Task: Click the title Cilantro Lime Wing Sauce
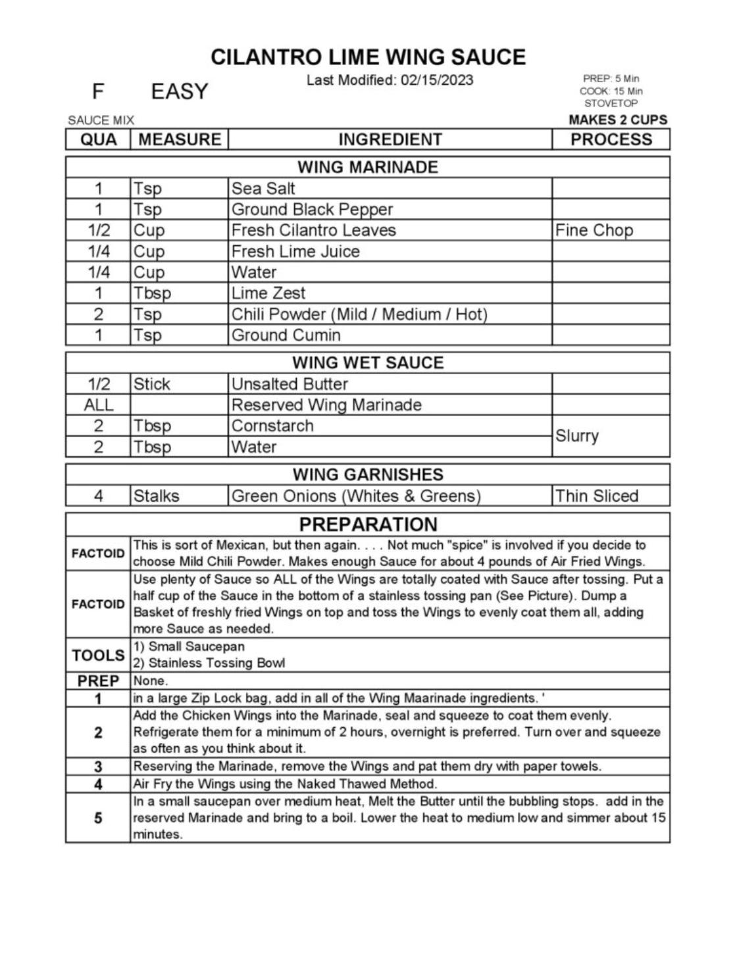click(368, 57)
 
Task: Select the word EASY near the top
click(179, 91)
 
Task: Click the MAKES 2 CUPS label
click(617, 120)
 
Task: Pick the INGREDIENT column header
click(390, 139)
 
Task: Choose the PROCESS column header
click(611, 139)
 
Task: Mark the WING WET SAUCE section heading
click(368, 363)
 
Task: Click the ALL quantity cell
click(98, 405)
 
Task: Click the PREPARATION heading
click(368, 525)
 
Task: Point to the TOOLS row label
click(98, 655)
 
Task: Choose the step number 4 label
click(98, 784)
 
